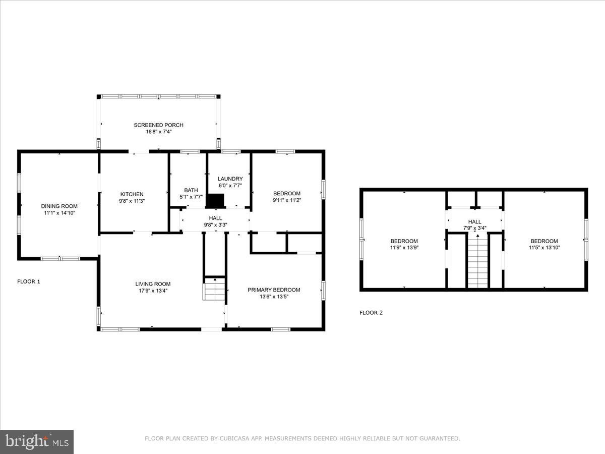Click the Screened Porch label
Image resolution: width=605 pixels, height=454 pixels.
[158, 125]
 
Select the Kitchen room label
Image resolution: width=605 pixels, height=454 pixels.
[132, 194]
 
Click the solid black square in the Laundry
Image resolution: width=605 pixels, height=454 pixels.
[215, 201]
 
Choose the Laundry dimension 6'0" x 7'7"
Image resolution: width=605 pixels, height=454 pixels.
[230, 186]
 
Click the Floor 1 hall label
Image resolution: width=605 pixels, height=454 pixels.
[215, 218]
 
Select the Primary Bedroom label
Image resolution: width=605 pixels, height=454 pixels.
[274, 290]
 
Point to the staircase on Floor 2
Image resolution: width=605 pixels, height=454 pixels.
[478, 262]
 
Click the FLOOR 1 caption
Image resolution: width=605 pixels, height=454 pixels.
[29, 281]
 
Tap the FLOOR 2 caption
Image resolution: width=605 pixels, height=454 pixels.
[371, 313]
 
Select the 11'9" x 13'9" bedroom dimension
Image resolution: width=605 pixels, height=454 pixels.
[403, 248]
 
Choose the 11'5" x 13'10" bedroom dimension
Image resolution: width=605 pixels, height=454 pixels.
[544, 248]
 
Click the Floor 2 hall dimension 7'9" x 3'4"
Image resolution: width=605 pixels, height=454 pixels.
[474, 228]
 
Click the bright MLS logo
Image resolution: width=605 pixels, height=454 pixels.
[37, 441]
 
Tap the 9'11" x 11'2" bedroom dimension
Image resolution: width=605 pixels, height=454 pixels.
[287, 200]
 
